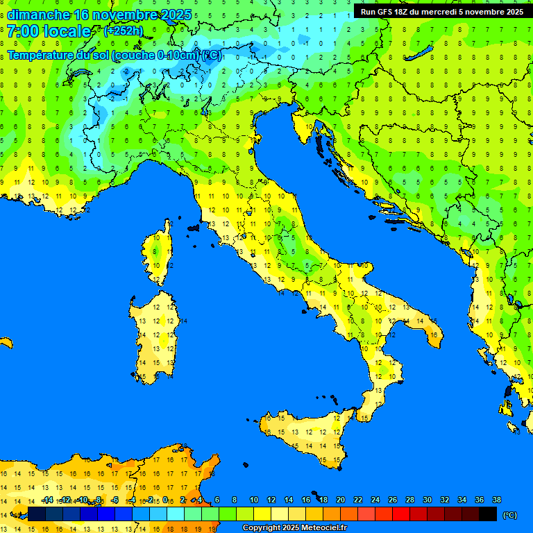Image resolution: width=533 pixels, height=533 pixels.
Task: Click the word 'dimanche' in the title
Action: [38, 15]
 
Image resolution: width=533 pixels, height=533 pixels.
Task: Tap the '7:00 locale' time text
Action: [49, 31]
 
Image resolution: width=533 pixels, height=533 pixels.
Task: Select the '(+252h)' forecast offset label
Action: [123, 31]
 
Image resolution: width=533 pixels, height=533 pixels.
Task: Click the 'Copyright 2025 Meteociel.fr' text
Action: [294, 528]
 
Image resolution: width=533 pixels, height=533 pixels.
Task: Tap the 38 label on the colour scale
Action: [496, 500]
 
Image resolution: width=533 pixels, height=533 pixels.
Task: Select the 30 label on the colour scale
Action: [427, 500]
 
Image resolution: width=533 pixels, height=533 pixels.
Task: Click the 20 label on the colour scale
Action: [340, 500]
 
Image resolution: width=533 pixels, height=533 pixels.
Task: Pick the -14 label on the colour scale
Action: [47, 500]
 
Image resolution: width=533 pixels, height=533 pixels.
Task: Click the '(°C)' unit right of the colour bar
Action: [510, 515]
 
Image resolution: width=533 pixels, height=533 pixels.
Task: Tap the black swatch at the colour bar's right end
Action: [488, 514]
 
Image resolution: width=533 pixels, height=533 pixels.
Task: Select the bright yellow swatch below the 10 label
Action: [262, 514]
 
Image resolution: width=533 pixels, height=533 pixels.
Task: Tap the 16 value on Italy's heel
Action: [434, 335]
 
